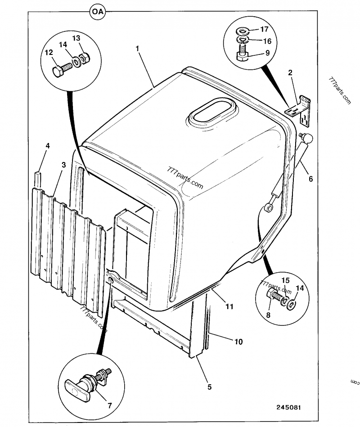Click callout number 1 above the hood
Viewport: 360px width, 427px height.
pos(138,48)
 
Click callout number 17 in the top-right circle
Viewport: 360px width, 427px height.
pos(265,29)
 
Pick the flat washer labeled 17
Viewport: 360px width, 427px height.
pos(243,31)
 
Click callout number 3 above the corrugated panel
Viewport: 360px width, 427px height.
pos(64,165)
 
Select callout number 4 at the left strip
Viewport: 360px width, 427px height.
pos(48,146)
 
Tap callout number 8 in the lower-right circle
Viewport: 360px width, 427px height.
pos(268,315)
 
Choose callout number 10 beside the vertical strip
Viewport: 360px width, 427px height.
pos(238,342)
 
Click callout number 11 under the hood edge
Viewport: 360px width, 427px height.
pos(229,307)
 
